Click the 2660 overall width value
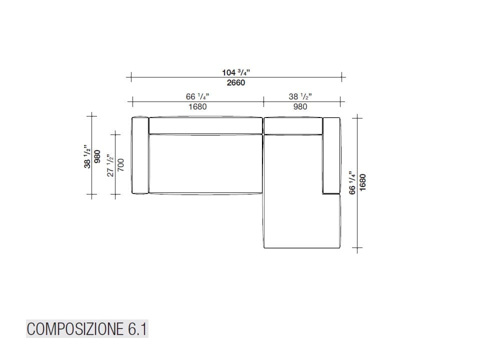tap(236, 83)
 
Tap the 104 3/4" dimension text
tap(236, 72)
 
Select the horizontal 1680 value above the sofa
tap(197, 106)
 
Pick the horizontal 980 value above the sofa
tap(300, 106)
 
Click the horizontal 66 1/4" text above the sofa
tap(197, 96)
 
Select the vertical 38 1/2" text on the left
tap(87, 156)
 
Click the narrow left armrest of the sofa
tap(139, 155)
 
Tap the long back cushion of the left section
tap(205, 125)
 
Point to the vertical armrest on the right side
tap(331, 155)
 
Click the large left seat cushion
tap(205, 164)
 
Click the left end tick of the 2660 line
tap(131, 77)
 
